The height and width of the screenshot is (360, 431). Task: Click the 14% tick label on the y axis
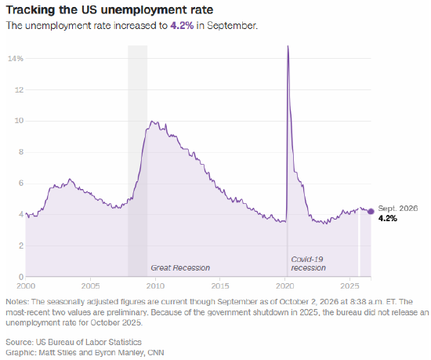pyautogui.click(x=16, y=59)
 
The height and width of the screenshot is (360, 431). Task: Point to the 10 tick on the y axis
pyautogui.click(x=19, y=121)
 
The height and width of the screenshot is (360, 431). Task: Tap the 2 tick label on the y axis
pyautogui.click(x=21, y=245)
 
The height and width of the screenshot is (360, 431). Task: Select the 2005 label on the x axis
pyautogui.click(x=90, y=286)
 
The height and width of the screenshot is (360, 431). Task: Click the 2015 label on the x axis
pyautogui.click(x=220, y=286)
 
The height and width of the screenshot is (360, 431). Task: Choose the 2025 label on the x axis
pyautogui.click(x=350, y=286)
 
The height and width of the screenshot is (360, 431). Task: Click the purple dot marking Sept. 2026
pyautogui.click(x=371, y=211)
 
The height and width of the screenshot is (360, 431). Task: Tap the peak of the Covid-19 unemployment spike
pyautogui.click(x=288, y=46)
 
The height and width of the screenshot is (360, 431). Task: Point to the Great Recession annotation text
pyautogui.click(x=180, y=268)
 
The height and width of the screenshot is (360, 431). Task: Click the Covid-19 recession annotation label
pyautogui.click(x=308, y=264)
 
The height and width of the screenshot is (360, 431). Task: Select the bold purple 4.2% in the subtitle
pyautogui.click(x=182, y=26)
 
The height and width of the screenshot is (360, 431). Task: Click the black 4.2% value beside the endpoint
pyautogui.click(x=388, y=218)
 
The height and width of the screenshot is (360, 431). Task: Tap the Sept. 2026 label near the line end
pyautogui.click(x=398, y=209)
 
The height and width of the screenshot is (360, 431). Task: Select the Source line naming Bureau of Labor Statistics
pyautogui.click(x=74, y=342)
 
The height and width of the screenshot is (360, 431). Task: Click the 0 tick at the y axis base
pyautogui.click(x=21, y=277)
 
